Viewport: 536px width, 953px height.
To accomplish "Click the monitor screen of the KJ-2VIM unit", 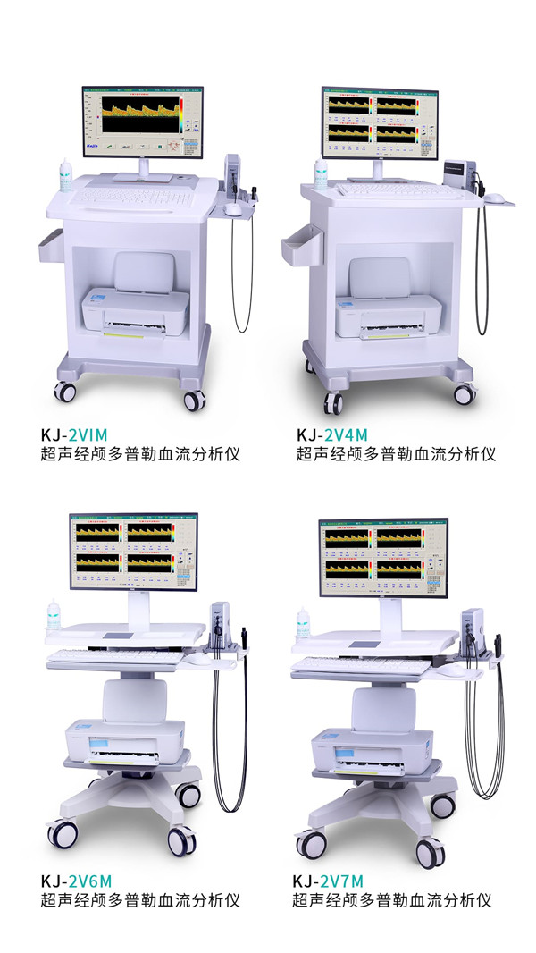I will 143,120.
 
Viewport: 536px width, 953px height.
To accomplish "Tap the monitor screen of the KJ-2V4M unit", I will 380,121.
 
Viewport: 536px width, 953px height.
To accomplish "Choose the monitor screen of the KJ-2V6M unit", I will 133,552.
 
